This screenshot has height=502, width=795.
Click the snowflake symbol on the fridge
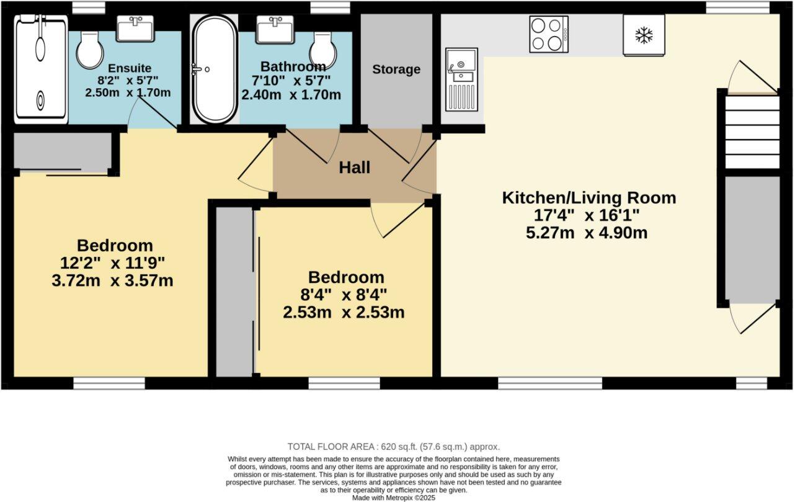[644, 35]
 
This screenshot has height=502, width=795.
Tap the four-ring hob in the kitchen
[549, 34]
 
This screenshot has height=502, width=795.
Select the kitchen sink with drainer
[462, 79]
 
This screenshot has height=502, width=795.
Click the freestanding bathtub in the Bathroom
[215, 69]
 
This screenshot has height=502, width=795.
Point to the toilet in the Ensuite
[90, 50]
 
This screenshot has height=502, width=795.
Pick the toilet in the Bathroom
[322, 50]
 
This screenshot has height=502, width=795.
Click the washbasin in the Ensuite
[135, 29]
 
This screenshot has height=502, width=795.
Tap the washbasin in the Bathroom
[275, 29]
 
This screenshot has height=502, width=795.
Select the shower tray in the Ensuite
[40, 69]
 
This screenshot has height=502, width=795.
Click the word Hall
[355, 168]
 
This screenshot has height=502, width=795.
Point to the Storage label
[396, 69]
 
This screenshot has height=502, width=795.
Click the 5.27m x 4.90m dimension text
[587, 233]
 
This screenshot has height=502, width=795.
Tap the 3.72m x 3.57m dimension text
[112, 281]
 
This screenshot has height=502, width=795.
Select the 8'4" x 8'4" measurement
[344, 295]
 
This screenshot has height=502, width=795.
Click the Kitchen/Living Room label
[589, 198]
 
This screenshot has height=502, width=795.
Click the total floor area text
[394, 447]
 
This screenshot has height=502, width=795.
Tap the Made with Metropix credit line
[394, 498]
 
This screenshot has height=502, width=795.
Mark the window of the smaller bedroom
[344, 383]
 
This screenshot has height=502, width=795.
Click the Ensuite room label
[130, 68]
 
